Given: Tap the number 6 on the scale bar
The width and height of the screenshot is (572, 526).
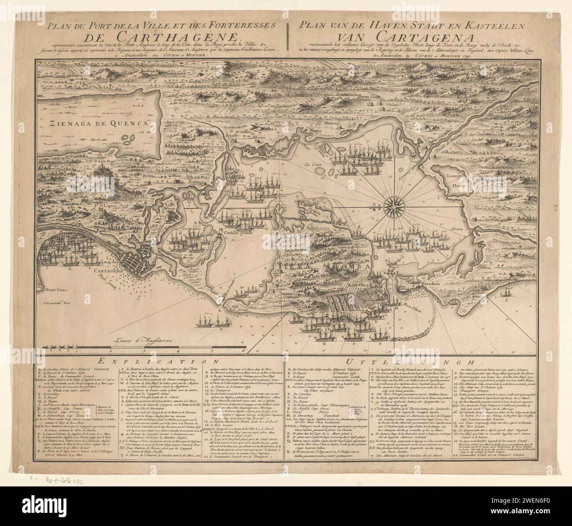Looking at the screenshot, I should pos(243,351).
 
